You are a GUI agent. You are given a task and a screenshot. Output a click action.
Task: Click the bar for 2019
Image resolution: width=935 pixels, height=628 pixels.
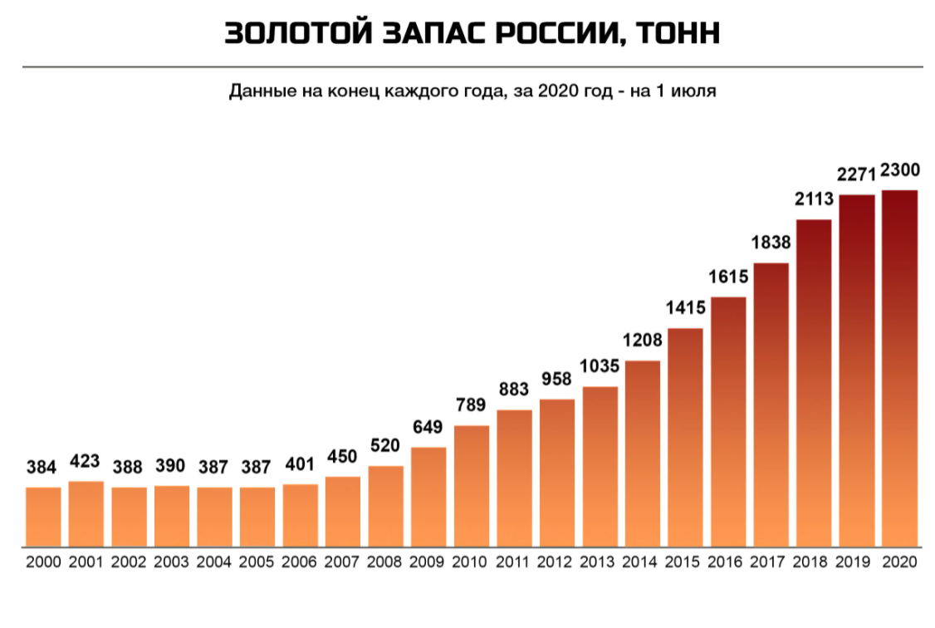[857, 370]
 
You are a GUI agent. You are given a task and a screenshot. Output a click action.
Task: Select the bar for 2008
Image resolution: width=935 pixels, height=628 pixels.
[385, 506]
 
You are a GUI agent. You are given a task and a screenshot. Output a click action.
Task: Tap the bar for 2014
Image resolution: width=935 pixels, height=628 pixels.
[643, 454]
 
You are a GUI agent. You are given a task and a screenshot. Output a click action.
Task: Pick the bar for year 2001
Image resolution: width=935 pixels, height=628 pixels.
[86, 513]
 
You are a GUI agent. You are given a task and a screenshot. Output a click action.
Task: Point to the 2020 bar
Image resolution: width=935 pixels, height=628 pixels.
[899, 368]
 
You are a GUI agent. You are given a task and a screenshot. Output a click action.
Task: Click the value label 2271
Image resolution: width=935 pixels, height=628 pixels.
[857, 175]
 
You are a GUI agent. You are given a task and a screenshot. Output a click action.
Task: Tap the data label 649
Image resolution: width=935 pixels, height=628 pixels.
[428, 428]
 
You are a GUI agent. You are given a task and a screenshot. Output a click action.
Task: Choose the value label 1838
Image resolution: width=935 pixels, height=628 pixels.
[771, 243]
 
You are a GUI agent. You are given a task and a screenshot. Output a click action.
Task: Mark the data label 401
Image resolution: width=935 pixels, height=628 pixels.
[300, 465]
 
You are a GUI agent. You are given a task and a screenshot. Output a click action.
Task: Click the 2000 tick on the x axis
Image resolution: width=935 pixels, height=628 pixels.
[43, 562]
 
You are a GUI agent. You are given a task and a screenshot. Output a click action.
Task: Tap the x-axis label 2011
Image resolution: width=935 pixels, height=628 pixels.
[514, 562]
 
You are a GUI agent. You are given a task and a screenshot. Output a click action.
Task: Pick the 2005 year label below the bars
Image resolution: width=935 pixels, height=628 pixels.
[257, 562]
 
